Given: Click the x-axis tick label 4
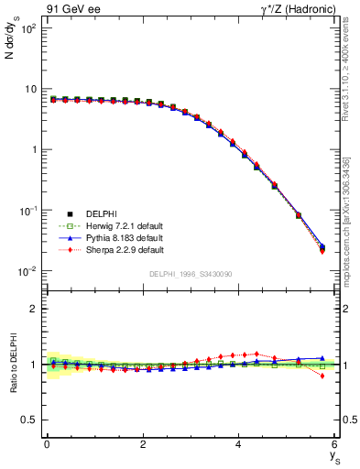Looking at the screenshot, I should tap(238, 444).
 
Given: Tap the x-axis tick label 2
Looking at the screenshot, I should tap(143, 444).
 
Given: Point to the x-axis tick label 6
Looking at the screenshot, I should tap(334, 444).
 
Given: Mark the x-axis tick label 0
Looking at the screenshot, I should tap(47, 444).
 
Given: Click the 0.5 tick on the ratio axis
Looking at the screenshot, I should tap(34, 420).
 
